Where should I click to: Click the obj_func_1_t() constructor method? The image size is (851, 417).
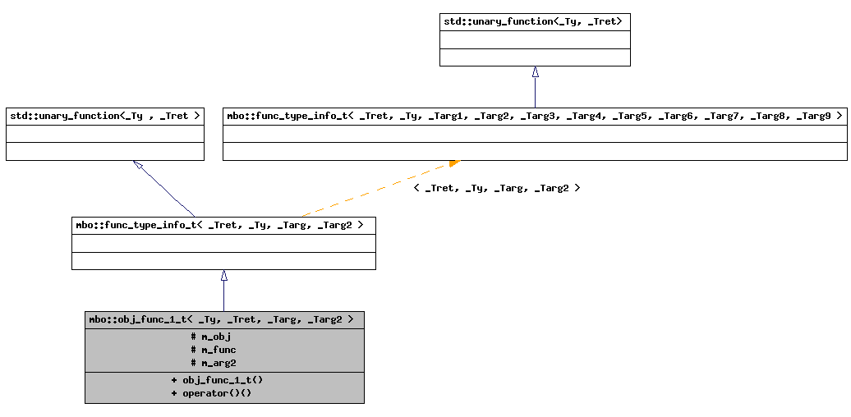pyautogui.click(x=222, y=380)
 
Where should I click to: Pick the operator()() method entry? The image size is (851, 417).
pyautogui.click(x=216, y=393)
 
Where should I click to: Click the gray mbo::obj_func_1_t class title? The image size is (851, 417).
pyautogui.click(x=223, y=319)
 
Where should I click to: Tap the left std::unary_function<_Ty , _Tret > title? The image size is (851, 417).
pyautogui.click(x=104, y=116)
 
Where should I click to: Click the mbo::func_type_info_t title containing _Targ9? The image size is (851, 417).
pyautogui.click(x=534, y=116)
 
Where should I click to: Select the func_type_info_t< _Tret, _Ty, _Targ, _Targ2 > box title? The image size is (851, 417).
pyautogui.click(x=223, y=224)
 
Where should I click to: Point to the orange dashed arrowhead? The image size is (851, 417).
pyautogui.click(x=454, y=163)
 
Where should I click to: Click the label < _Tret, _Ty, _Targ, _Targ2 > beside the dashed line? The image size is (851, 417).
pyautogui.click(x=497, y=188)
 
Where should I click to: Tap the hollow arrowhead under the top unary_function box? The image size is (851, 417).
pyautogui.click(x=535, y=72)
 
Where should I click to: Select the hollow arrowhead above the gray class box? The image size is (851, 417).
pyautogui.click(x=223, y=276)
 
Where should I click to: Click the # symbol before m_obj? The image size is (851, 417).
pyautogui.click(x=193, y=337)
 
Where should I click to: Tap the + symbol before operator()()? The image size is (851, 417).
pyautogui.click(x=174, y=393)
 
